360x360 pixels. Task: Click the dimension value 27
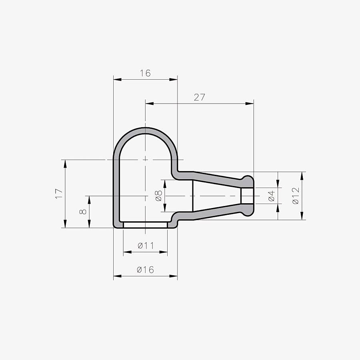click(199, 97)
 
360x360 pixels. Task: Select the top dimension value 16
click(145, 73)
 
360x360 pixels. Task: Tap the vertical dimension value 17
click(59, 194)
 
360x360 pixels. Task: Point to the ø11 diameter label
click(146, 246)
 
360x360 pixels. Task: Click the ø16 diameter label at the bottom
click(145, 270)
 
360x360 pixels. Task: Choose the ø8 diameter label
click(159, 196)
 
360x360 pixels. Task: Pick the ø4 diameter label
click(271, 196)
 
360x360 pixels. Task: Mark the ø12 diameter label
click(296, 196)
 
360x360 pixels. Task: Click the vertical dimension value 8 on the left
click(83, 212)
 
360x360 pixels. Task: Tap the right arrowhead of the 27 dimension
click(250, 104)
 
